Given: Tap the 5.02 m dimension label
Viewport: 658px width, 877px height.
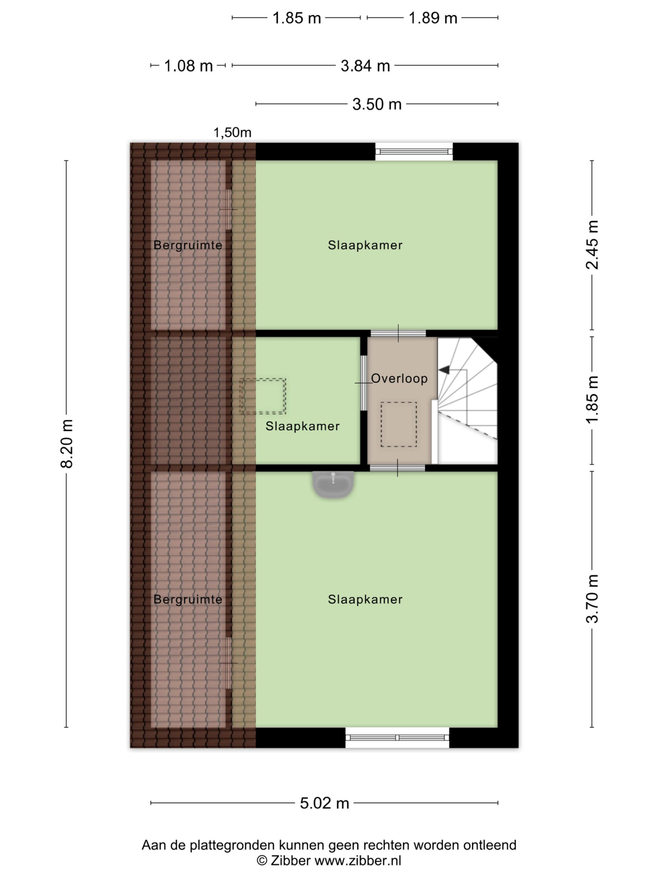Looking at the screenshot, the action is click(x=324, y=803).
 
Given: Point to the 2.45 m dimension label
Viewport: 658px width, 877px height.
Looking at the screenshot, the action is click(x=592, y=245).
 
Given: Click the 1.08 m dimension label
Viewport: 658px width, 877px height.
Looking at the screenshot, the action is click(x=188, y=66).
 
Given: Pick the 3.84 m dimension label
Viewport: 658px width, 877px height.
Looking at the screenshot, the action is click(x=365, y=66).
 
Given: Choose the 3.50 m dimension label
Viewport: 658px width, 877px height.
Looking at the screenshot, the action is click(x=377, y=104).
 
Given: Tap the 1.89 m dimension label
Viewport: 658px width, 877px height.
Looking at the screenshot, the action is click(x=433, y=18).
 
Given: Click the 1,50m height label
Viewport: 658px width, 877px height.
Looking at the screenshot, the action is click(x=232, y=133).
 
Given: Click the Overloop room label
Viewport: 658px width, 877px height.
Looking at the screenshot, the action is click(x=399, y=379).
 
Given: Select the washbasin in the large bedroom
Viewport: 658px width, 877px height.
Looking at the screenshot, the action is click(x=333, y=484).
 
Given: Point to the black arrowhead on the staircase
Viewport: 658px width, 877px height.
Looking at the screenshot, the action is click(x=444, y=370).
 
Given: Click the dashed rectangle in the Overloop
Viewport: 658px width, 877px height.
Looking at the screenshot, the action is click(x=399, y=424).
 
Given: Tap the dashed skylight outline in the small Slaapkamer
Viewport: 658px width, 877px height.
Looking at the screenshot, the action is click(x=263, y=396).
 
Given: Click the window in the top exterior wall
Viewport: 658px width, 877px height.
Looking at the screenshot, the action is click(x=414, y=151).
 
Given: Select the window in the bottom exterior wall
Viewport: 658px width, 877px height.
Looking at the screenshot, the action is click(x=398, y=738).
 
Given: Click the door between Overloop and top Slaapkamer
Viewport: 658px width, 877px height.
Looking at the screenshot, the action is click(x=398, y=333).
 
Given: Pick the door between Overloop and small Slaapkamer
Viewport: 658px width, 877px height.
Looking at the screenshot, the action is click(x=364, y=383).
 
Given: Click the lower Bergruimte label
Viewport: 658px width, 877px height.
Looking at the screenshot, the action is click(x=188, y=600).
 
